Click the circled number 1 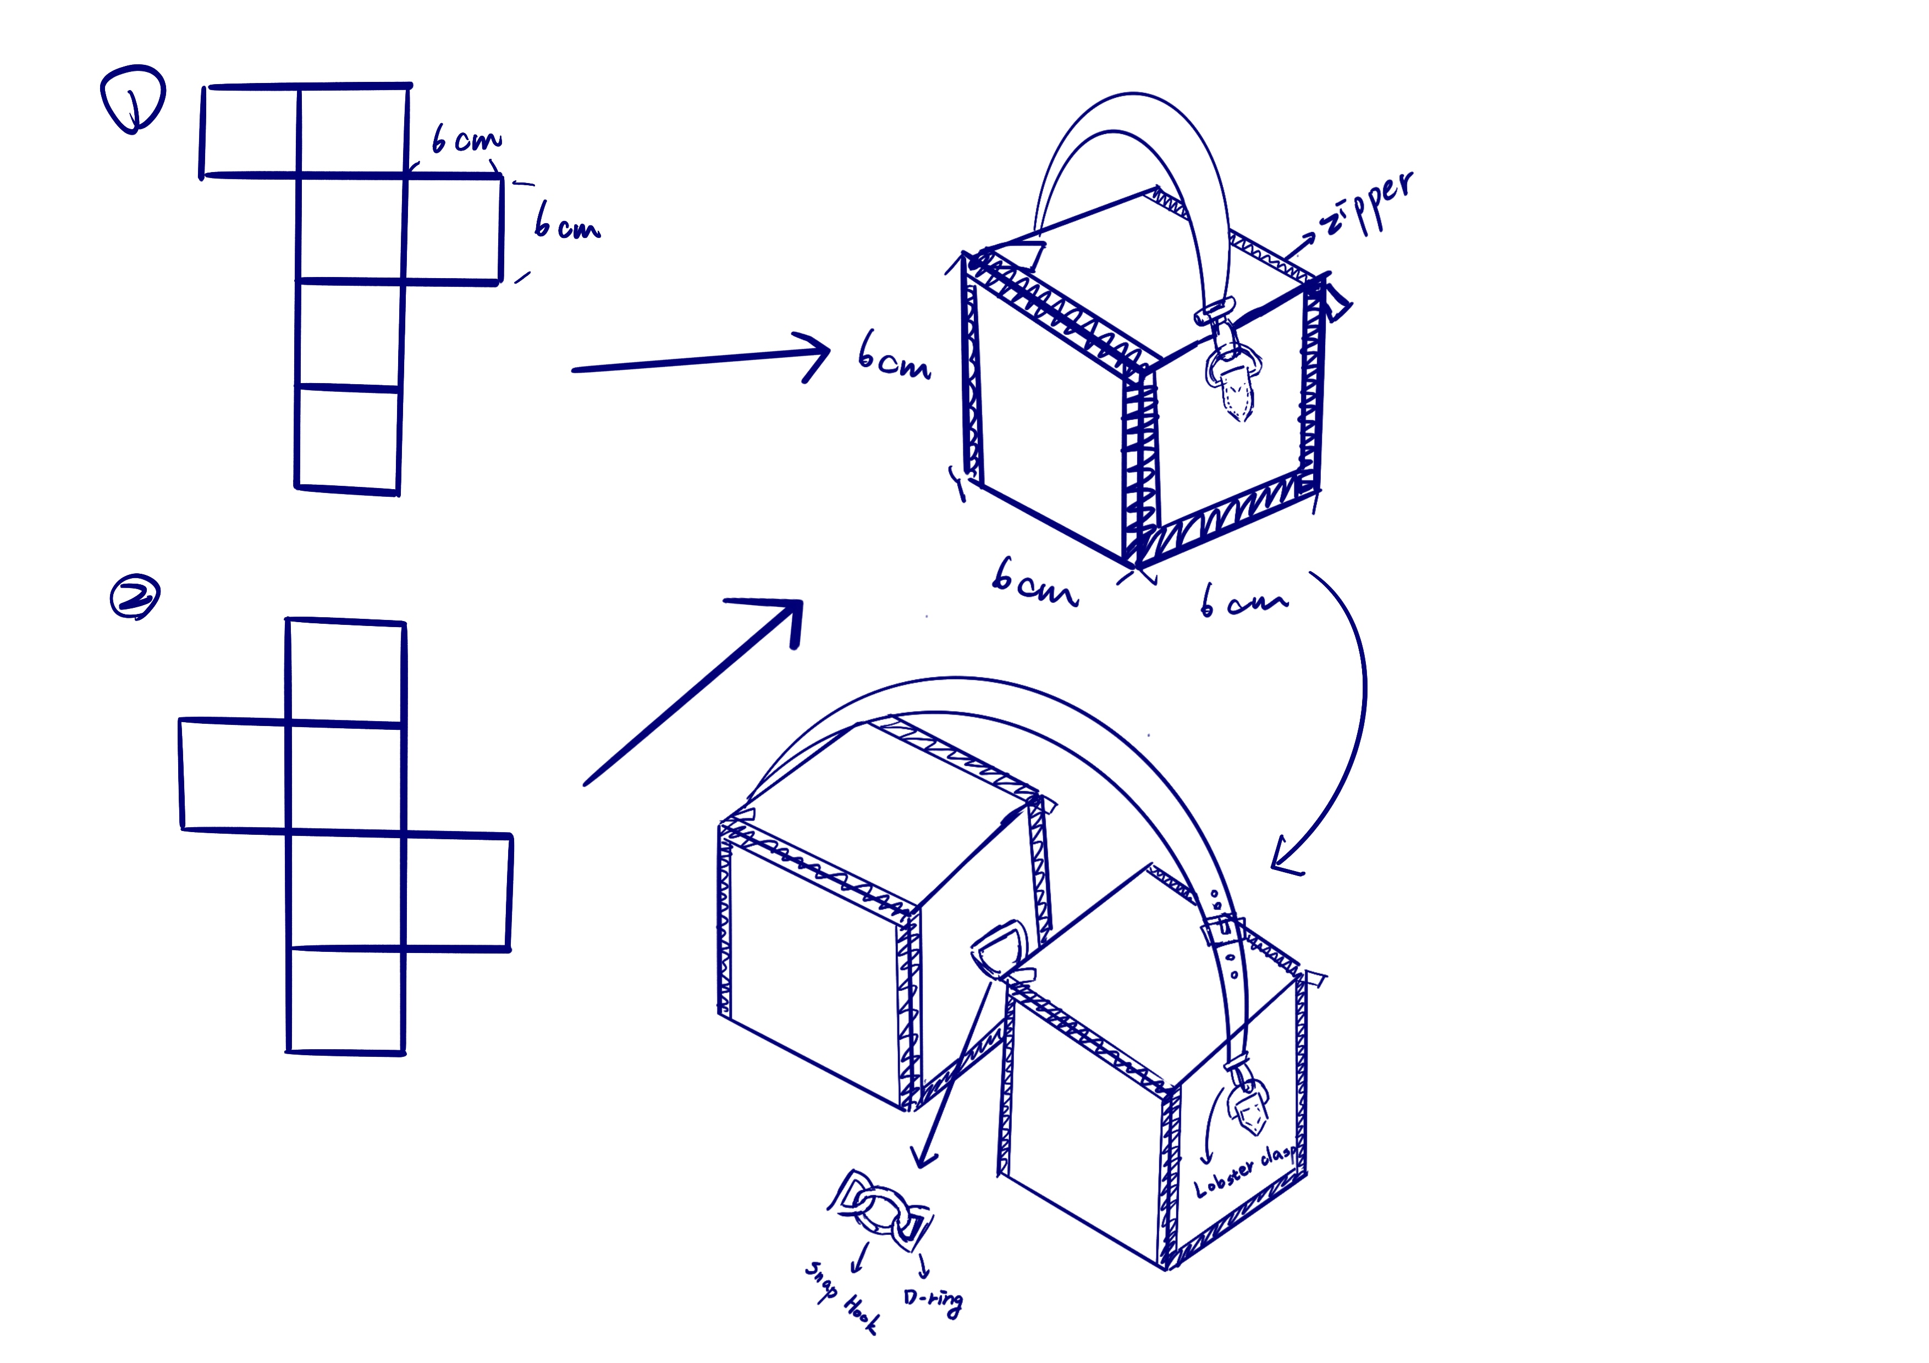[133, 99]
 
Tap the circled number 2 [135, 597]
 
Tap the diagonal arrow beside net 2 [693, 693]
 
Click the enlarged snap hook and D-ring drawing [880, 1209]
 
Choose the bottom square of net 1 [348, 439]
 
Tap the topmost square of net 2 [345, 671]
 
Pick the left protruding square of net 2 [234, 774]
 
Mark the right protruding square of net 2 [457, 892]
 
